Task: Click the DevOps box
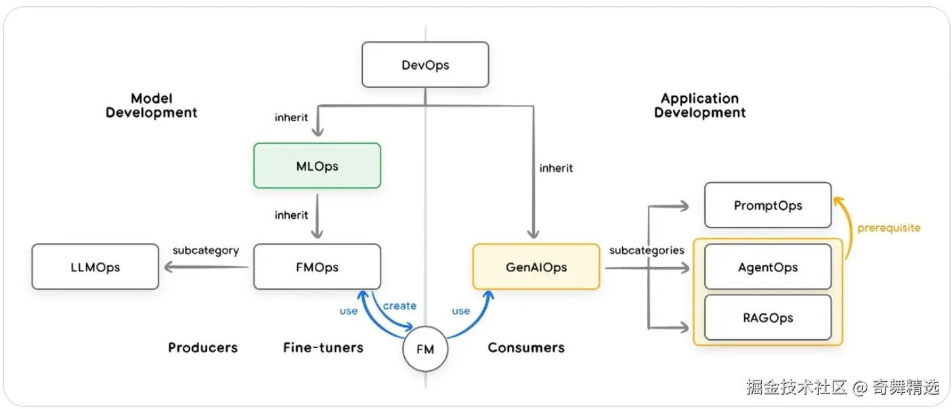(x=425, y=65)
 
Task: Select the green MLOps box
(x=317, y=165)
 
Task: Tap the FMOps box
(x=317, y=267)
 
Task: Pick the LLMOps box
(x=95, y=267)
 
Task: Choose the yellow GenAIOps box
(x=536, y=267)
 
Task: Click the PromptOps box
(x=767, y=204)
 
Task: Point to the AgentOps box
(x=767, y=267)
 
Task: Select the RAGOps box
(x=767, y=317)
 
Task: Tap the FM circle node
(x=425, y=350)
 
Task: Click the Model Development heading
(x=152, y=106)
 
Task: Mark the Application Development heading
(x=699, y=106)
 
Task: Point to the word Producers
(x=203, y=347)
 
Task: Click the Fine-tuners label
(x=323, y=347)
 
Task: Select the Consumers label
(x=526, y=347)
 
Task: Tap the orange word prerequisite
(x=888, y=228)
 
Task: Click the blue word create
(x=399, y=305)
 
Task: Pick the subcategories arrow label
(x=647, y=250)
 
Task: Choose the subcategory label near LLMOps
(x=206, y=250)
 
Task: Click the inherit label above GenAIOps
(x=556, y=167)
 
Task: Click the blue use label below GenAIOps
(x=460, y=311)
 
